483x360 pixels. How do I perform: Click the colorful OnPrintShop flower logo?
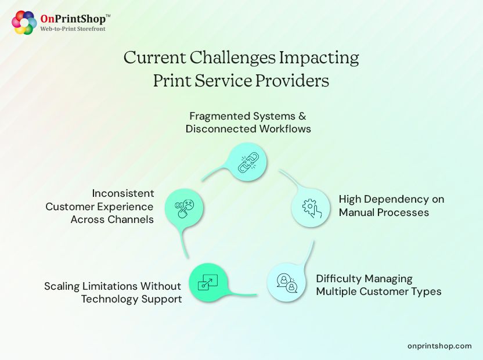click(24, 23)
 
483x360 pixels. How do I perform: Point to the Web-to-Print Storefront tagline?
click(73, 28)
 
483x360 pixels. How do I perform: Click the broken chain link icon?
click(247, 161)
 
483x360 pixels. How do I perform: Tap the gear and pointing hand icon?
click(309, 207)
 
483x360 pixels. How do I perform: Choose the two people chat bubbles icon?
click(285, 283)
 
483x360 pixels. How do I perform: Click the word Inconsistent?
click(123, 193)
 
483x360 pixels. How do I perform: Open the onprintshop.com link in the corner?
click(439, 345)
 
